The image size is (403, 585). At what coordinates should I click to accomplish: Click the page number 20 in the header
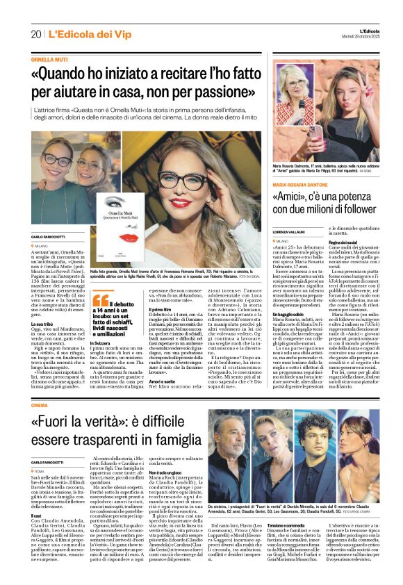pyautogui.click(x=35, y=34)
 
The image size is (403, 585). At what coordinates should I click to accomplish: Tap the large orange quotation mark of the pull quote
pyautogui.click(x=99, y=300)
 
